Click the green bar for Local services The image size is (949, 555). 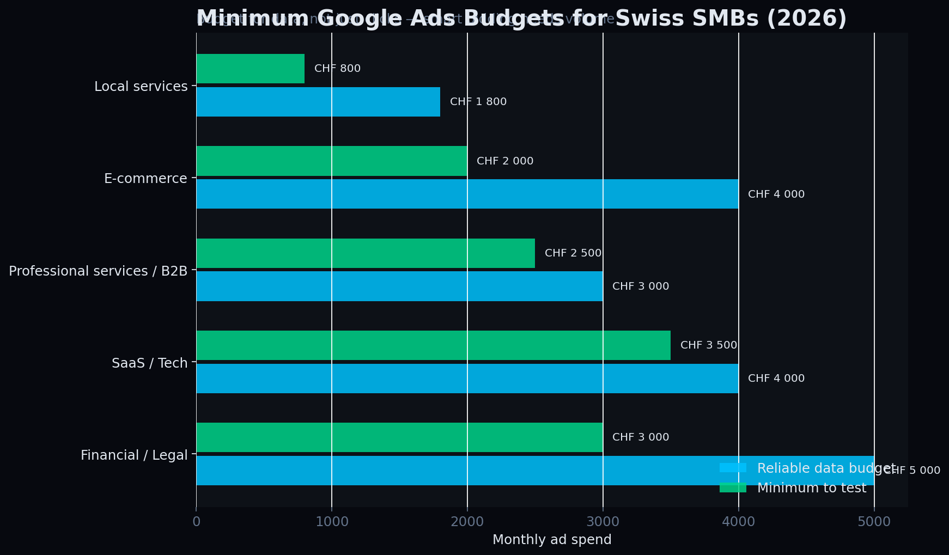250,69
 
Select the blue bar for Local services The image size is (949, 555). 318,102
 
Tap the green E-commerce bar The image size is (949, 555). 331,161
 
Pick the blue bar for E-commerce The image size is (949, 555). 467,194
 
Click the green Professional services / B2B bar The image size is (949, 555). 365,253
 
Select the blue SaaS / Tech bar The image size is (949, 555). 467,379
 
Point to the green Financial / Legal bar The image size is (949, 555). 399,437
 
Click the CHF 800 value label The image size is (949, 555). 337,69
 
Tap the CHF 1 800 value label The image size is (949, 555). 478,102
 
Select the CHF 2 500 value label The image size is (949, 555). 573,253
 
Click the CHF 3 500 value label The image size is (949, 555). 708,345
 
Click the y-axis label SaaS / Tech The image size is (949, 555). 149,363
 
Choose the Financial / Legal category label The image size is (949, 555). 134,455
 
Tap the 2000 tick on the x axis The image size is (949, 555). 467,522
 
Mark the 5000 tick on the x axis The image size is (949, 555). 874,522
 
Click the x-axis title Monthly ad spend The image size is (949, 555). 551,540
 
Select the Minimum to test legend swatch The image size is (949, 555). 733,488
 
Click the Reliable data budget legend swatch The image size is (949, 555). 733,468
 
